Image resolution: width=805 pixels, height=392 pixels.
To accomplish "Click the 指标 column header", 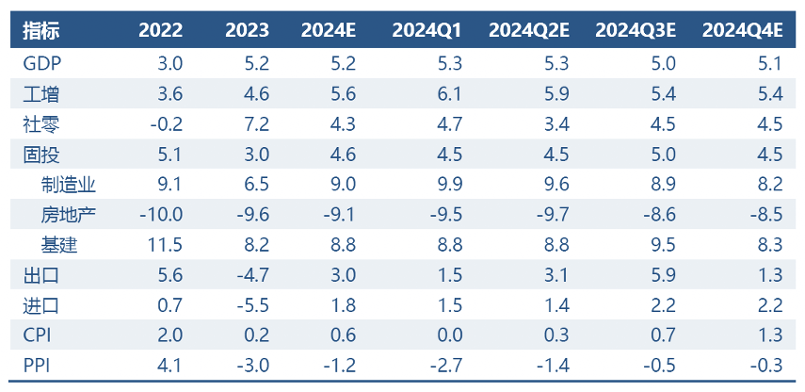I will pyautogui.click(x=40, y=30).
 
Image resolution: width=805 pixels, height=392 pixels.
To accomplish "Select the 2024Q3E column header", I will pyautogui.click(x=636, y=30).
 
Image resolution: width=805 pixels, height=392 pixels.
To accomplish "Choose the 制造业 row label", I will pyautogui.click(x=69, y=185).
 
